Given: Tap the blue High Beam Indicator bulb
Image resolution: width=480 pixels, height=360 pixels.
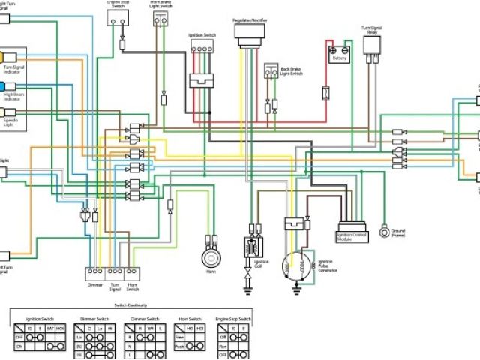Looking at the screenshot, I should tap(3, 86).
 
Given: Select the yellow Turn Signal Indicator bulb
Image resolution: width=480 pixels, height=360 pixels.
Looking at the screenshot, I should tap(4, 57).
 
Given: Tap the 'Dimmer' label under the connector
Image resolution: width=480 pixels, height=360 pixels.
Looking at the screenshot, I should tap(94, 286).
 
